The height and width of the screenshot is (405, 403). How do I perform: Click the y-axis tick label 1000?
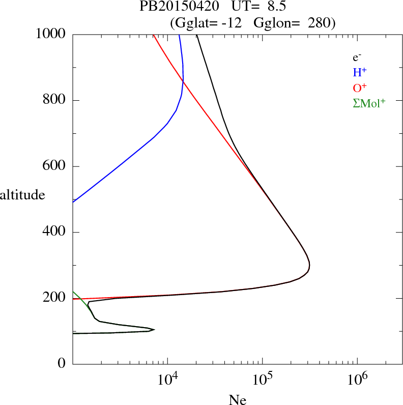tap(51, 35)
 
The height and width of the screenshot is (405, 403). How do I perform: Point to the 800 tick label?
tap(55, 100)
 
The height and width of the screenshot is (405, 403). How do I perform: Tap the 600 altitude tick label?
tap(55, 166)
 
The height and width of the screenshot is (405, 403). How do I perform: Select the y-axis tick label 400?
tap(55, 233)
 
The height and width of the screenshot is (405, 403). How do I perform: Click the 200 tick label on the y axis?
tap(55, 298)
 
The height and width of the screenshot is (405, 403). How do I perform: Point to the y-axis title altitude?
tap(22, 195)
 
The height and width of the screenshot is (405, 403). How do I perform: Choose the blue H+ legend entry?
tap(360, 72)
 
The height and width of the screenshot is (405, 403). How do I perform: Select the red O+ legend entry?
tap(360, 87)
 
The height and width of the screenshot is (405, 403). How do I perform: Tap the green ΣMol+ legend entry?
tap(369, 103)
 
